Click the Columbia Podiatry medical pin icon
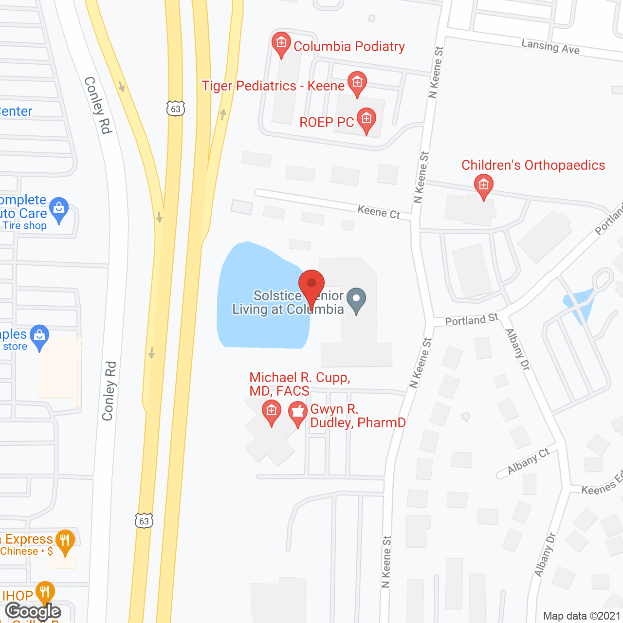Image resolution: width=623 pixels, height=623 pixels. pos(281,44)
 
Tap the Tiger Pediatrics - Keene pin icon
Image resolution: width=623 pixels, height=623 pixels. pos(357,83)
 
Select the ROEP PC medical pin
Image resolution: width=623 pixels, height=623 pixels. pos(366,119)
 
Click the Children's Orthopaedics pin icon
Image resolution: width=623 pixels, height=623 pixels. pos(483,185)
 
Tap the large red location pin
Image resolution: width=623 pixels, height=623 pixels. pos(311,285)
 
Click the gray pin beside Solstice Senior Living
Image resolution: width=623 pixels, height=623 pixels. pos(356,300)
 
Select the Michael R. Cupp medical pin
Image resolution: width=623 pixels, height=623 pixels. pos(271,412)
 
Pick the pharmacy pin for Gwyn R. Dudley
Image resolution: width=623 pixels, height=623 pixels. pos(297,413)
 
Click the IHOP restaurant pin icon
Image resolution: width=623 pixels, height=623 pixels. pos(45,592)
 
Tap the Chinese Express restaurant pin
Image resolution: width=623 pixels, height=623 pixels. pos(65,541)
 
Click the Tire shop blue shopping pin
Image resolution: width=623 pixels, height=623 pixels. pos(59,209)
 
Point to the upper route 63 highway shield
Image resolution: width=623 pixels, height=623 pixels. pos(176,109)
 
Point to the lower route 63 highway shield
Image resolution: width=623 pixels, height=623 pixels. pos(144,521)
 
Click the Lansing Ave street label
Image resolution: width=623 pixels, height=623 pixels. pos(550,47)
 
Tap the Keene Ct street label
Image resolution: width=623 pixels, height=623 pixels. pos(379,212)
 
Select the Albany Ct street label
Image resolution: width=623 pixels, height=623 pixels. pos(528,461)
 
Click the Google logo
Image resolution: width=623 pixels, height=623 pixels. pos(33,611)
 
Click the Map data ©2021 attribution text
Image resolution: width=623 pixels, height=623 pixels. pos(582,616)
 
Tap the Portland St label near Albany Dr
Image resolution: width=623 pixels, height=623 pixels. pos(472,319)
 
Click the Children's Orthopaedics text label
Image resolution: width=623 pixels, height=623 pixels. pos(533,165)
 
